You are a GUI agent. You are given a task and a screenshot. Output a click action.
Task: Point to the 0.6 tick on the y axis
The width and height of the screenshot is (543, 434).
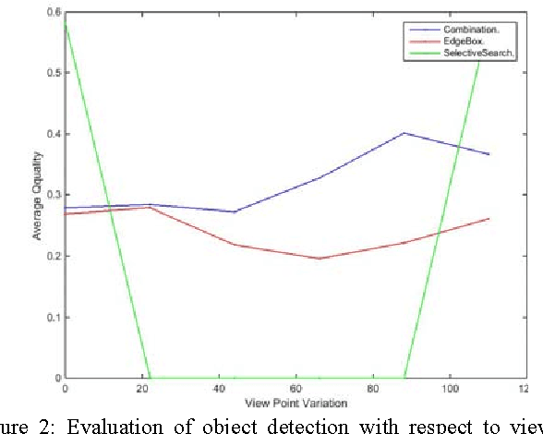[54, 12]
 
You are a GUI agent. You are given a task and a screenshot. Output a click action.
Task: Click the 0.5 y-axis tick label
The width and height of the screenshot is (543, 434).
[54, 73]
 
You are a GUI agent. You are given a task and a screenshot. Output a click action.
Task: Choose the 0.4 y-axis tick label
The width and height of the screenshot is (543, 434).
[54, 134]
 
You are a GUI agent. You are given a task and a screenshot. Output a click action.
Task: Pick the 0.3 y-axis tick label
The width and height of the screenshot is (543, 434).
[54, 195]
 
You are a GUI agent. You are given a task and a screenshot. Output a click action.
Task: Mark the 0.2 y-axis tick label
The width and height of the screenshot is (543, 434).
[54, 256]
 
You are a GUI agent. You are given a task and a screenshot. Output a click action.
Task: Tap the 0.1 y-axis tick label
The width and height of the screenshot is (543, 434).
[54, 317]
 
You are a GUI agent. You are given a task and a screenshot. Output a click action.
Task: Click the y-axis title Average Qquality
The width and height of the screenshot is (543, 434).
[39, 195]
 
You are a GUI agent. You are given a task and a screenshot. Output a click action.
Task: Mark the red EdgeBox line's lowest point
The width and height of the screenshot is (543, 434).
[319, 259]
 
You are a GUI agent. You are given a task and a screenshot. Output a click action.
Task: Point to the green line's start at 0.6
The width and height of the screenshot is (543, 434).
[66, 19]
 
